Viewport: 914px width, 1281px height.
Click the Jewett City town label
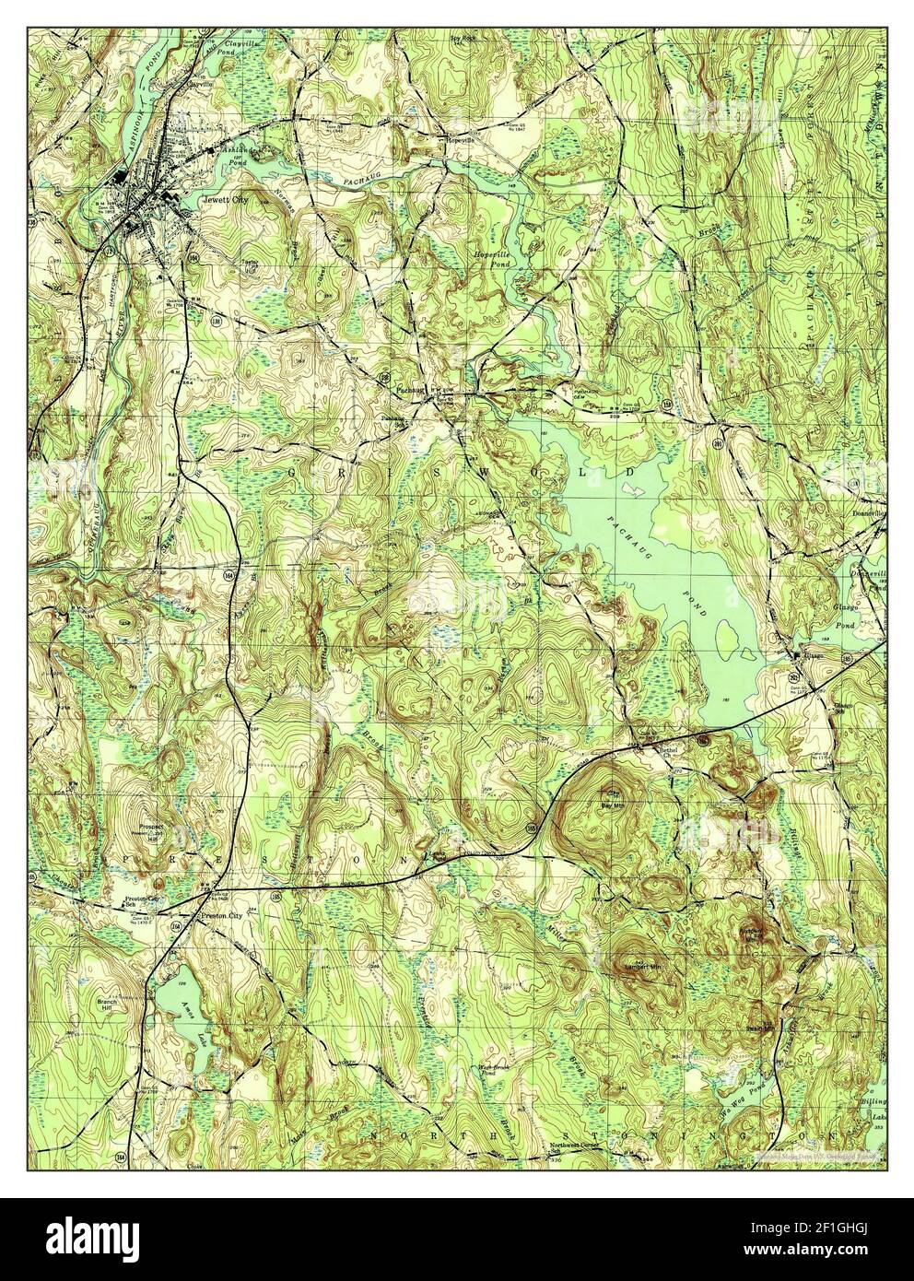click(225, 197)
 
